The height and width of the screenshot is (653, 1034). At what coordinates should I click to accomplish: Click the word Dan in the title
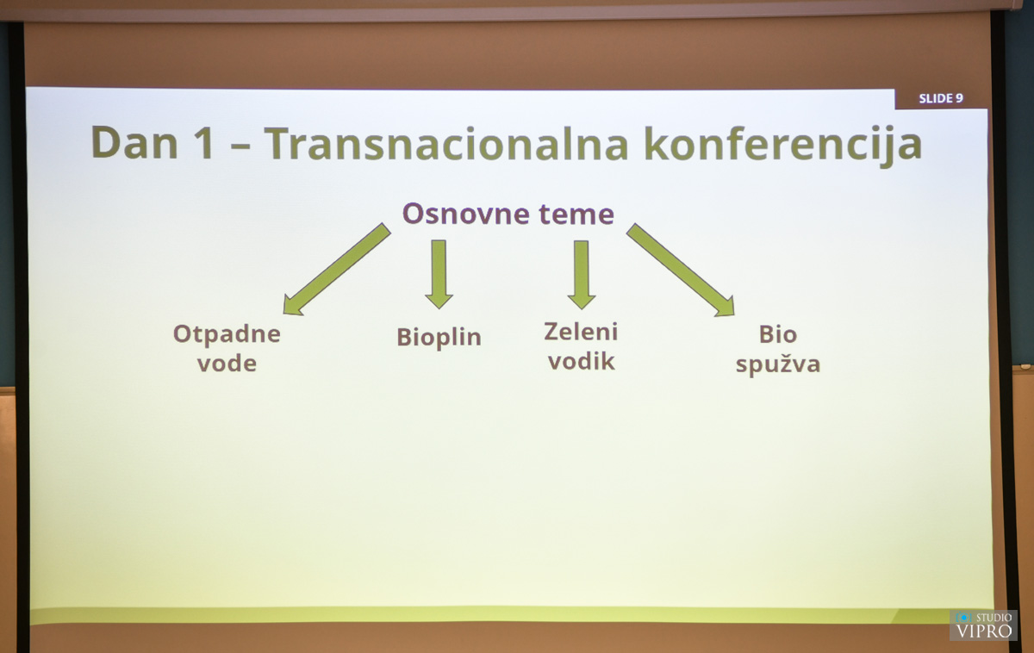134,143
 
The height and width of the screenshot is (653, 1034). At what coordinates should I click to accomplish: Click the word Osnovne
466,214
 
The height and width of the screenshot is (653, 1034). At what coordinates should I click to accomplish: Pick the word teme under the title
576,215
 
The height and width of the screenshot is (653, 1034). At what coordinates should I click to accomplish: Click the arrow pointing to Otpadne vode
337,270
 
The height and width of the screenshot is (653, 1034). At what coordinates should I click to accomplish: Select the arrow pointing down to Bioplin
439,274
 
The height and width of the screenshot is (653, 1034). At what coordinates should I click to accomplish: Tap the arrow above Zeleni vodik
581,275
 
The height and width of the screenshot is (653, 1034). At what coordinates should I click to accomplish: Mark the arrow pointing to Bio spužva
681,270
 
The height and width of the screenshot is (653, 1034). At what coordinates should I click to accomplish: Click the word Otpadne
227,334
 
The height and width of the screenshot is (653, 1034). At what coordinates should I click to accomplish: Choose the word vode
227,363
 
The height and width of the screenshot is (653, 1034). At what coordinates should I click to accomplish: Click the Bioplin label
439,338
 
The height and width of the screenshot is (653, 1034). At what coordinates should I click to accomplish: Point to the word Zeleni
581,332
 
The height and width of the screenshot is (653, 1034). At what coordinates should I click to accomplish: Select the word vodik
581,361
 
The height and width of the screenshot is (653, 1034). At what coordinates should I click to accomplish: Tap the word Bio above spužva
778,334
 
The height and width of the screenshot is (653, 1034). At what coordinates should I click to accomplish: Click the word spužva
778,364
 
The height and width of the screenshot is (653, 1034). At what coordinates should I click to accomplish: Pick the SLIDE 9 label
941,98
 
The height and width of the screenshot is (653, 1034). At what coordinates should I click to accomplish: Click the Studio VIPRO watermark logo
983,625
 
